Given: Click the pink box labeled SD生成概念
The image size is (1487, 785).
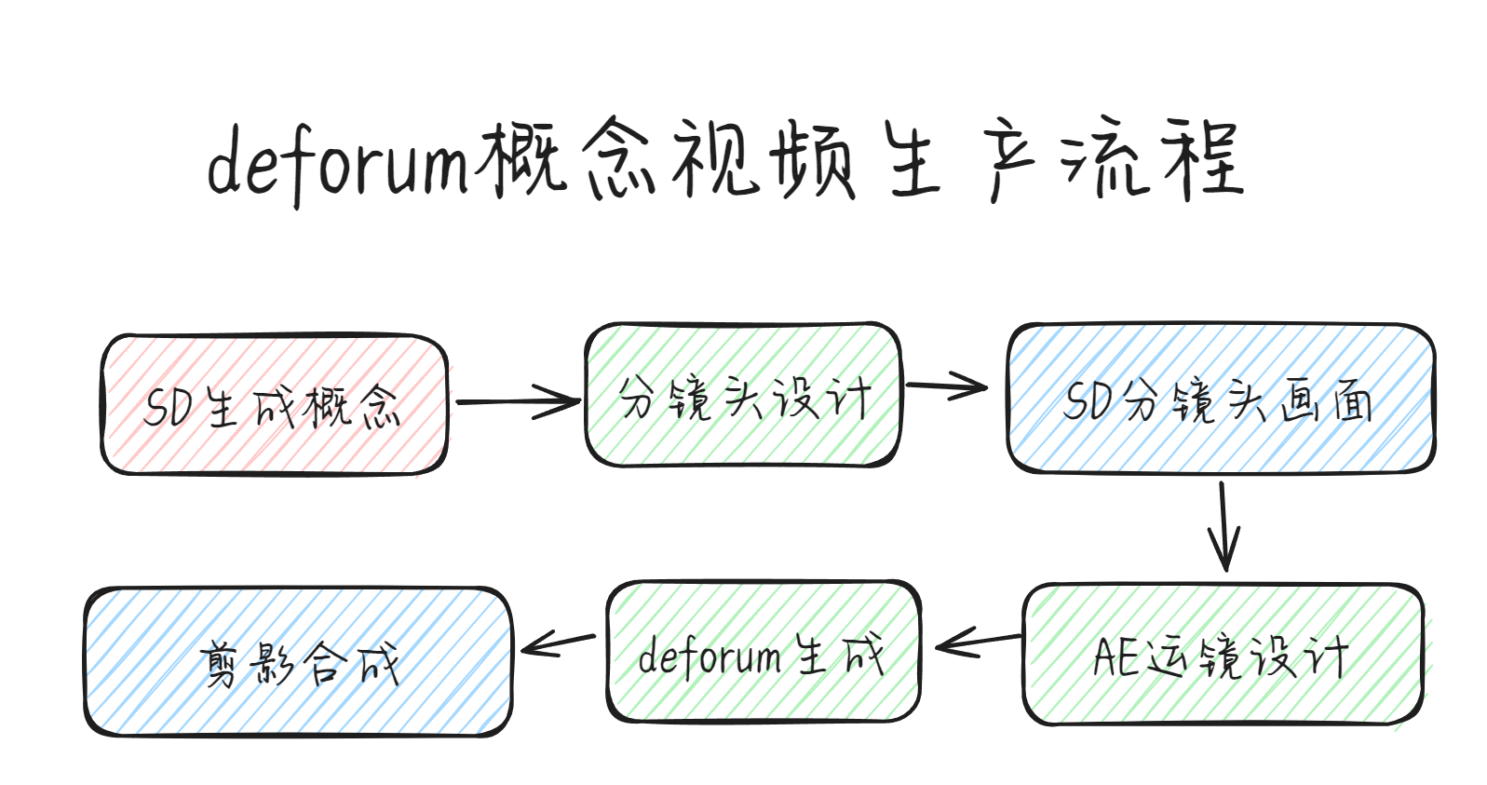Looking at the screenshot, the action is click(x=274, y=404).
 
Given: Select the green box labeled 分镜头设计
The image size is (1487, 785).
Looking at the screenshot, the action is click(x=743, y=395).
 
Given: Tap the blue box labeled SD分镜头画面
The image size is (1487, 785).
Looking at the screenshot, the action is click(x=1221, y=398).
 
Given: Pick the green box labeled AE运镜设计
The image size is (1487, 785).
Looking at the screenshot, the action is click(x=1223, y=654).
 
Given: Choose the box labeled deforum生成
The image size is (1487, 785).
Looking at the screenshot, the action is click(x=764, y=651).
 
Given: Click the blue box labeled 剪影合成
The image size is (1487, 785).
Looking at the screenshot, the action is click(x=298, y=661).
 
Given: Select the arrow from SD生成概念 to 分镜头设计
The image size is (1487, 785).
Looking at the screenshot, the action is click(x=519, y=401).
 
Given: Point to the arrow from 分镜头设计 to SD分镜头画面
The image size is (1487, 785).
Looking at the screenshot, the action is click(x=947, y=386).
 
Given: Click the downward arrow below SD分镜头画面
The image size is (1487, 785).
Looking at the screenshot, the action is click(x=1223, y=527).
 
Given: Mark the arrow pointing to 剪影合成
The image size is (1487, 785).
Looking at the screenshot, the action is click(x=559, y=643).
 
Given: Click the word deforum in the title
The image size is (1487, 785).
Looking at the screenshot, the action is click(x=339, y=164).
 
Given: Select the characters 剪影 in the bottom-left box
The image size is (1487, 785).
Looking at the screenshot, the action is click(x=247, y=663).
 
